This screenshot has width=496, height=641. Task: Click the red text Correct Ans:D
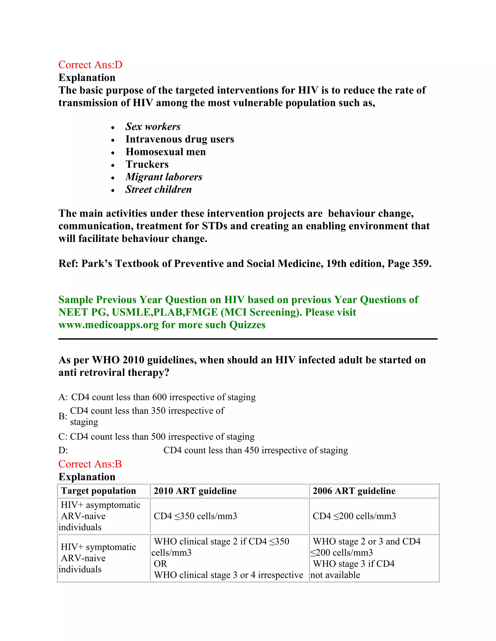pyautogui.click(x=90, y=65)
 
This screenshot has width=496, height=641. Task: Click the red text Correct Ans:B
pyautogui.click(x=90, y=464)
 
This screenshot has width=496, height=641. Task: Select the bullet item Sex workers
pyautogui.click(x=153, y=127)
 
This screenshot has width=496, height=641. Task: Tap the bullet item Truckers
pyautogui.click(x=147, y=164)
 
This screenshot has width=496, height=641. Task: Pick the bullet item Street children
pyautogui.click(x=158, y=190)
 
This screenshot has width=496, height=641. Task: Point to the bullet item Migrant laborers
pyautogui.click(x=164, y=177)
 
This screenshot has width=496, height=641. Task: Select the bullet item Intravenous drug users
pyautogui.click(x=179, y=139)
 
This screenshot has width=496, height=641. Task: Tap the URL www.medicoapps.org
pyautogui.click(x=108, y=325)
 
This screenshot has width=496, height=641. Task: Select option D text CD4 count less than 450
pyautogui.click(x=255, y=450)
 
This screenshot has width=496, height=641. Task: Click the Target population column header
pyautogui.click(x=98, y=491)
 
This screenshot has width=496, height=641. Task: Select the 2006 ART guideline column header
pyautogui.click(x=354, y=491)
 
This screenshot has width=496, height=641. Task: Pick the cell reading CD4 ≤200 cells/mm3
pyautogui.click(x=354, y=516)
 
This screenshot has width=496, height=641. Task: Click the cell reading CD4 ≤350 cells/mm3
pyautogui.click(x=195, y=516)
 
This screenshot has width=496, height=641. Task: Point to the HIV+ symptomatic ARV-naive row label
pyautogui.click(x=98, y=558)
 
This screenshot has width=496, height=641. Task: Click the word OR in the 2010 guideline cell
pyautogui.click(x=160, y=564)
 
